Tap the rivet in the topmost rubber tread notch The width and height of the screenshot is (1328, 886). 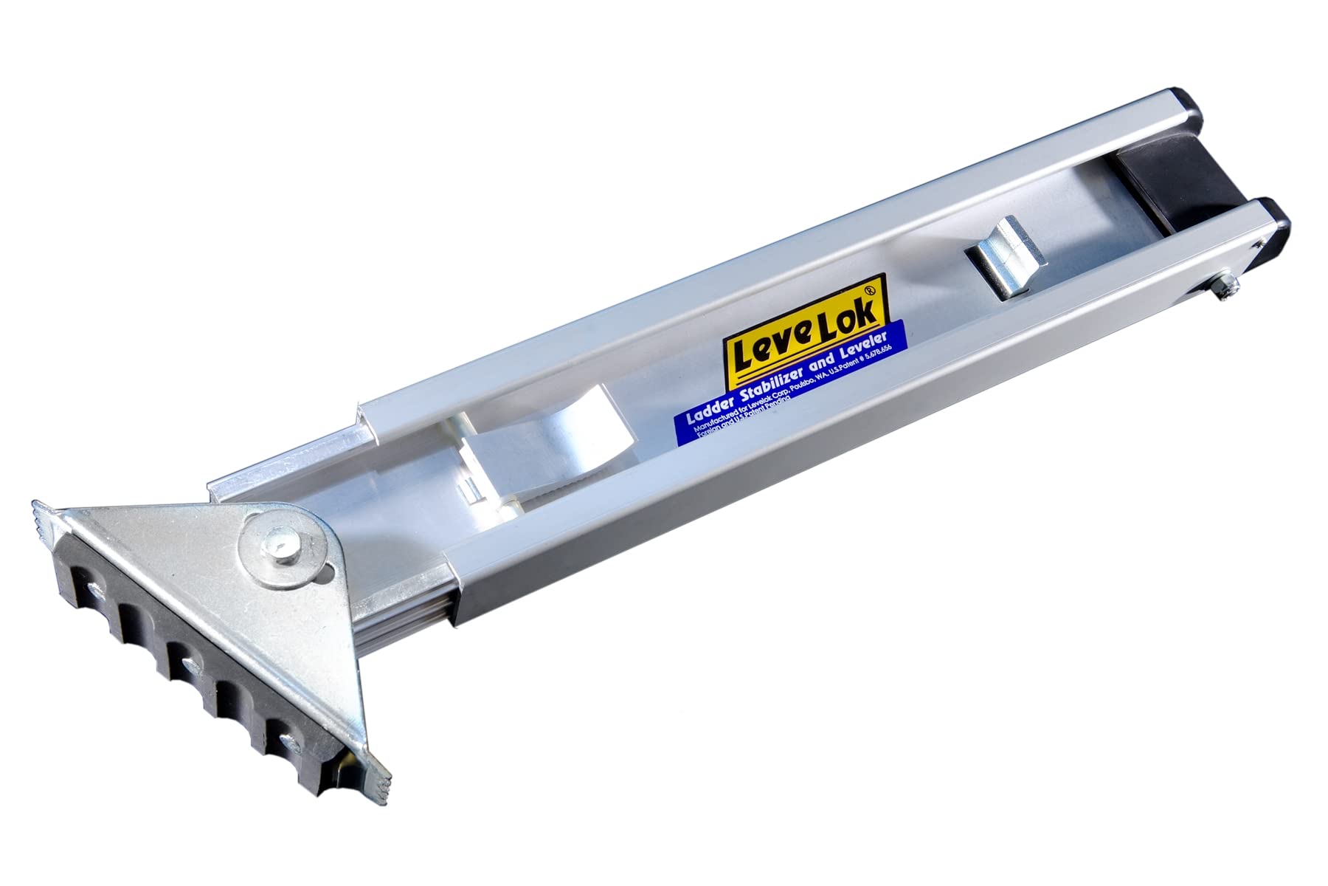coord(92,588)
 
